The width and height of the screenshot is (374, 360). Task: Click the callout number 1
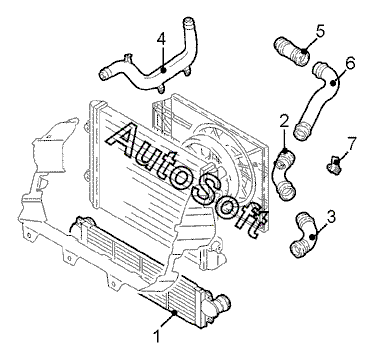[157, 336]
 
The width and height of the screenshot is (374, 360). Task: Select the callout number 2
[284, 122]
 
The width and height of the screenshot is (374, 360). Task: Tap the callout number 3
[331, 217]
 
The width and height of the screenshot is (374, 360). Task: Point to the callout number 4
[161, 40]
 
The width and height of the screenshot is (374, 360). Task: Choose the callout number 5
[319, 31]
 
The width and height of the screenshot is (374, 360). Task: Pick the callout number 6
[350, 63]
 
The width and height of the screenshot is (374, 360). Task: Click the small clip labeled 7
[335, 165]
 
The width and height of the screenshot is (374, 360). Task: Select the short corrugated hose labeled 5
[291, 52]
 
